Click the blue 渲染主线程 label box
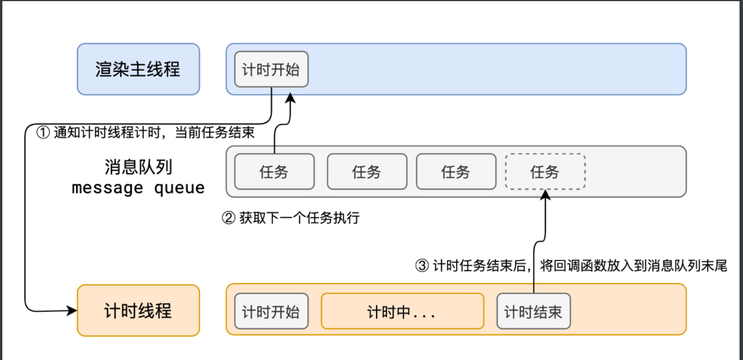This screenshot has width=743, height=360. pyautogui.click(x=138, y=69)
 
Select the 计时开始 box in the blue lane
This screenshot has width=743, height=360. pyautogui.click(x=271, y=70)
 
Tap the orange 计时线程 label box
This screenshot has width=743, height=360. pyautogui.click(x=138, y=310)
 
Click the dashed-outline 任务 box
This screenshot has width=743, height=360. pyautogui.click(x=545, y=172)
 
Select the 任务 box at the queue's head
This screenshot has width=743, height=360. pyautogui.click(x=274, y=172)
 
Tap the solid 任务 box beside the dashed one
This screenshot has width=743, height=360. pyautogui.click(x=456, y=172)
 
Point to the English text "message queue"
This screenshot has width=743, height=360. pyautogui.click(x=138, y=188)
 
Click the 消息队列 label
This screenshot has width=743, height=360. pyautogui.click(x=138, y=168)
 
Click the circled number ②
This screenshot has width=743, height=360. pyautogui.click(x=228, y=219)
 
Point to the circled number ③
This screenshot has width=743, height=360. pyautogui.click(x=422, y=266)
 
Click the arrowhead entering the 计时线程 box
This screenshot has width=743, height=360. pyautogui.click(x=72, y=311)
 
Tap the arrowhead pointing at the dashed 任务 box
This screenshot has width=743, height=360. pyautogui.click(x=545, y=195)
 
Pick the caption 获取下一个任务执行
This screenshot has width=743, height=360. pyautogui.click(x=299, y=219)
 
